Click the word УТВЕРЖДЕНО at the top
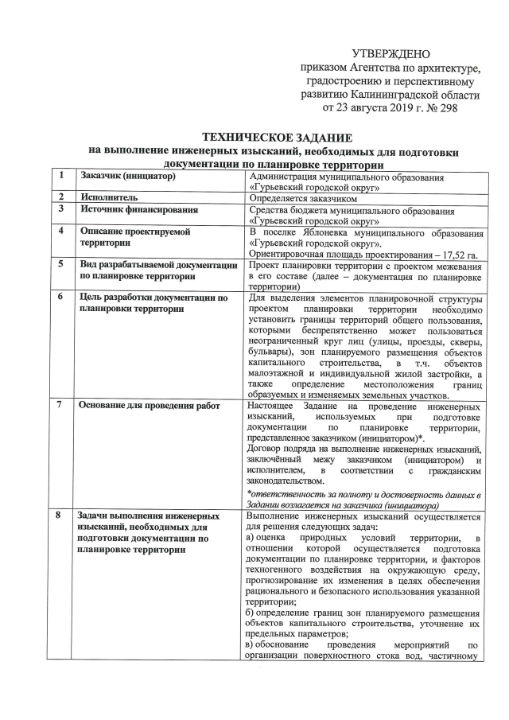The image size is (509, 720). [390, 53]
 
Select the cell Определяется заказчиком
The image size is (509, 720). [303, 196]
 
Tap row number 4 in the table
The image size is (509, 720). [60, 231]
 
